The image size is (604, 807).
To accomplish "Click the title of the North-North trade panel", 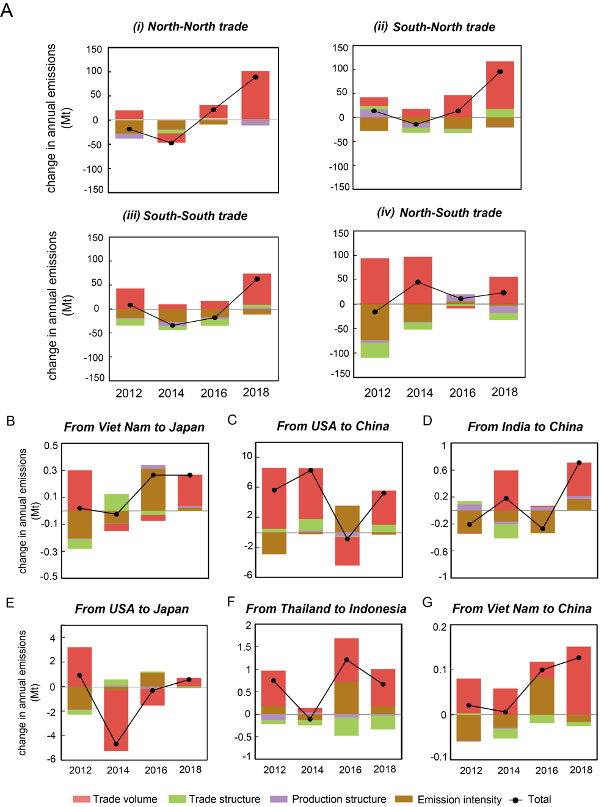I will click(191, 27).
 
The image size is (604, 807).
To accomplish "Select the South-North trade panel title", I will click(434, 27).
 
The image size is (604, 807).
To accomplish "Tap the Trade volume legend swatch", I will click(81, 799).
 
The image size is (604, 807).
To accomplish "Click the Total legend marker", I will click(516, 800).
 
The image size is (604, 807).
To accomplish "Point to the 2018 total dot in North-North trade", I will click(255, 78).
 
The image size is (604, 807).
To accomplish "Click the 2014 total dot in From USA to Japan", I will click(116, 744).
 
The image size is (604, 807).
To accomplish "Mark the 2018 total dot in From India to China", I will click(579, 463).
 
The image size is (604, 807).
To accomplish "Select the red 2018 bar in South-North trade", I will click(500, 85).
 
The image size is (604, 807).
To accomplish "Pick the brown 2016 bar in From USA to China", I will click(347, 519).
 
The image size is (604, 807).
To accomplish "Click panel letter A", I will click(7, 10).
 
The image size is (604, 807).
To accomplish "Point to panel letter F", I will click(231, 603).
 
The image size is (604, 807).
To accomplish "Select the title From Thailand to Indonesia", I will click(326, 609).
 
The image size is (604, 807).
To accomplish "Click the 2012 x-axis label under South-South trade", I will click(129, 394).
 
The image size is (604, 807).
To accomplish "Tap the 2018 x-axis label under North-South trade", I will click(504, 393).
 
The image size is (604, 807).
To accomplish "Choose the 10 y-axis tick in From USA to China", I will click(247, 457).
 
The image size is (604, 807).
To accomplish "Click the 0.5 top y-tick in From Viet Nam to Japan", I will click(51, 446).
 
